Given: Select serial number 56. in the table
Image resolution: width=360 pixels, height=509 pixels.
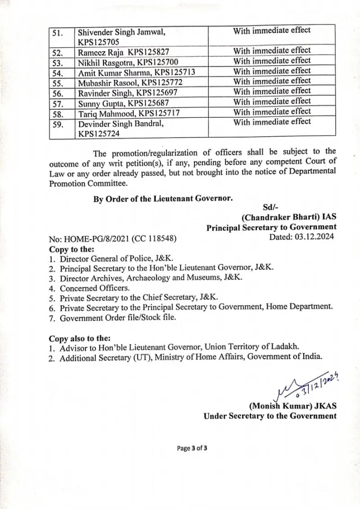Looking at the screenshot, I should point(58,92).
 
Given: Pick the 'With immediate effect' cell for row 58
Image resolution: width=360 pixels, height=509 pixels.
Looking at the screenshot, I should point(272,112).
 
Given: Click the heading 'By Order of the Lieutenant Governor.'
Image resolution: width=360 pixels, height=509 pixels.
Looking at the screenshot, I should point(163,199).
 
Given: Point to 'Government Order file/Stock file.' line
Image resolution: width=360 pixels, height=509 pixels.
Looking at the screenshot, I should point(117,317).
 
